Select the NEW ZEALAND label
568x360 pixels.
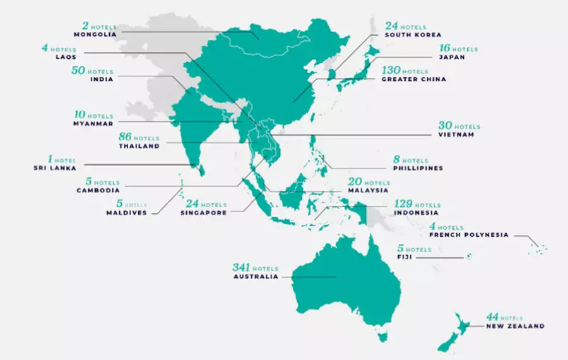tap(514, 326)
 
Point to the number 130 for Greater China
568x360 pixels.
tap(391, 71)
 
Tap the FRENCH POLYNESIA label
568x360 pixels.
tap(468, 235)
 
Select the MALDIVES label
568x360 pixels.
tap(126, 213)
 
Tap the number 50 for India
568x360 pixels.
tap(81, 71)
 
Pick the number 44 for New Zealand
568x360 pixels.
tap(492, 316)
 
